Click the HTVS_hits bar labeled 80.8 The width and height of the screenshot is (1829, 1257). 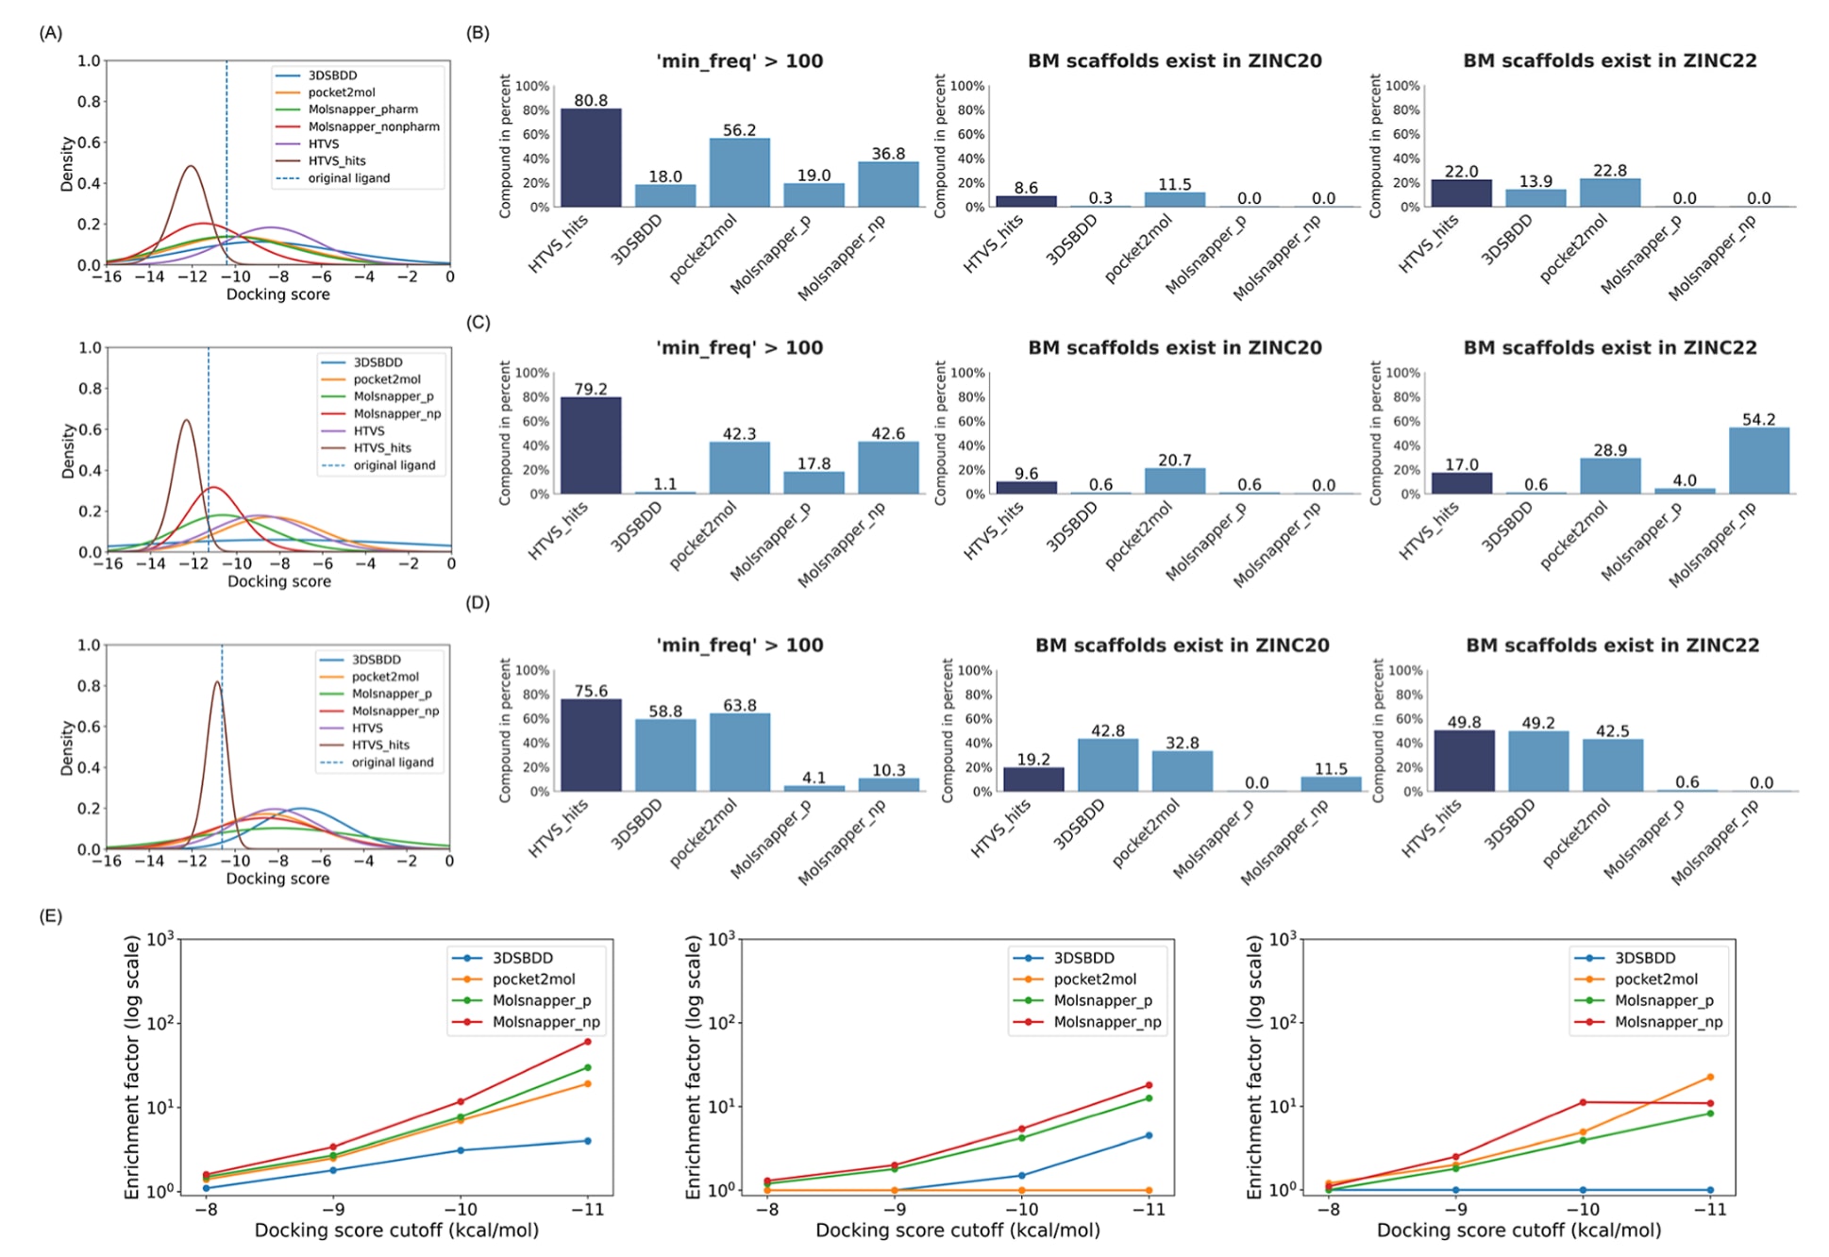click(591, 158)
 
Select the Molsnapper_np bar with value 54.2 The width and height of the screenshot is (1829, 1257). click(1758, 461)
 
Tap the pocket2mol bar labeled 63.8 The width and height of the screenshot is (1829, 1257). click(739, 752)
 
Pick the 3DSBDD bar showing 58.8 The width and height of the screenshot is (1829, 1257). click(665, 755)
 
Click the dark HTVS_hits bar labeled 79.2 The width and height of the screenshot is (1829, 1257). click(591, 445)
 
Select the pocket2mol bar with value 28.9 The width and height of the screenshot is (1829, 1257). click(1610, 476)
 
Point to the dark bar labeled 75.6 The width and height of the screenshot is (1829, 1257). click(591, 745)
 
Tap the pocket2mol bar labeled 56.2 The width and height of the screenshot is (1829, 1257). click(739, 173)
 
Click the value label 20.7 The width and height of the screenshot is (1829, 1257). click(1174, 461)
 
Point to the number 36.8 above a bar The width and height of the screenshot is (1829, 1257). click(888, 154)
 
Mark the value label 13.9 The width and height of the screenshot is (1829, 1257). click(1535, 181)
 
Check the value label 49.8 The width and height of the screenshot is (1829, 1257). click(1464, 722)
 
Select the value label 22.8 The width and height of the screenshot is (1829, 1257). click(1610, 171)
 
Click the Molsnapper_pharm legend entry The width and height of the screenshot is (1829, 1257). click(362, 109)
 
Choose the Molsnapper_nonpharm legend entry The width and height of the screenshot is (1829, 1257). click(373, 126)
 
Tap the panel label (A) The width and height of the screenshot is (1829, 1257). click(51, 33)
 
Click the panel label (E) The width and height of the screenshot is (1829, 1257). click(51, 915)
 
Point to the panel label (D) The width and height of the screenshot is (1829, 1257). click(478, 603)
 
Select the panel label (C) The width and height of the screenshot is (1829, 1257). click(478, 323)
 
